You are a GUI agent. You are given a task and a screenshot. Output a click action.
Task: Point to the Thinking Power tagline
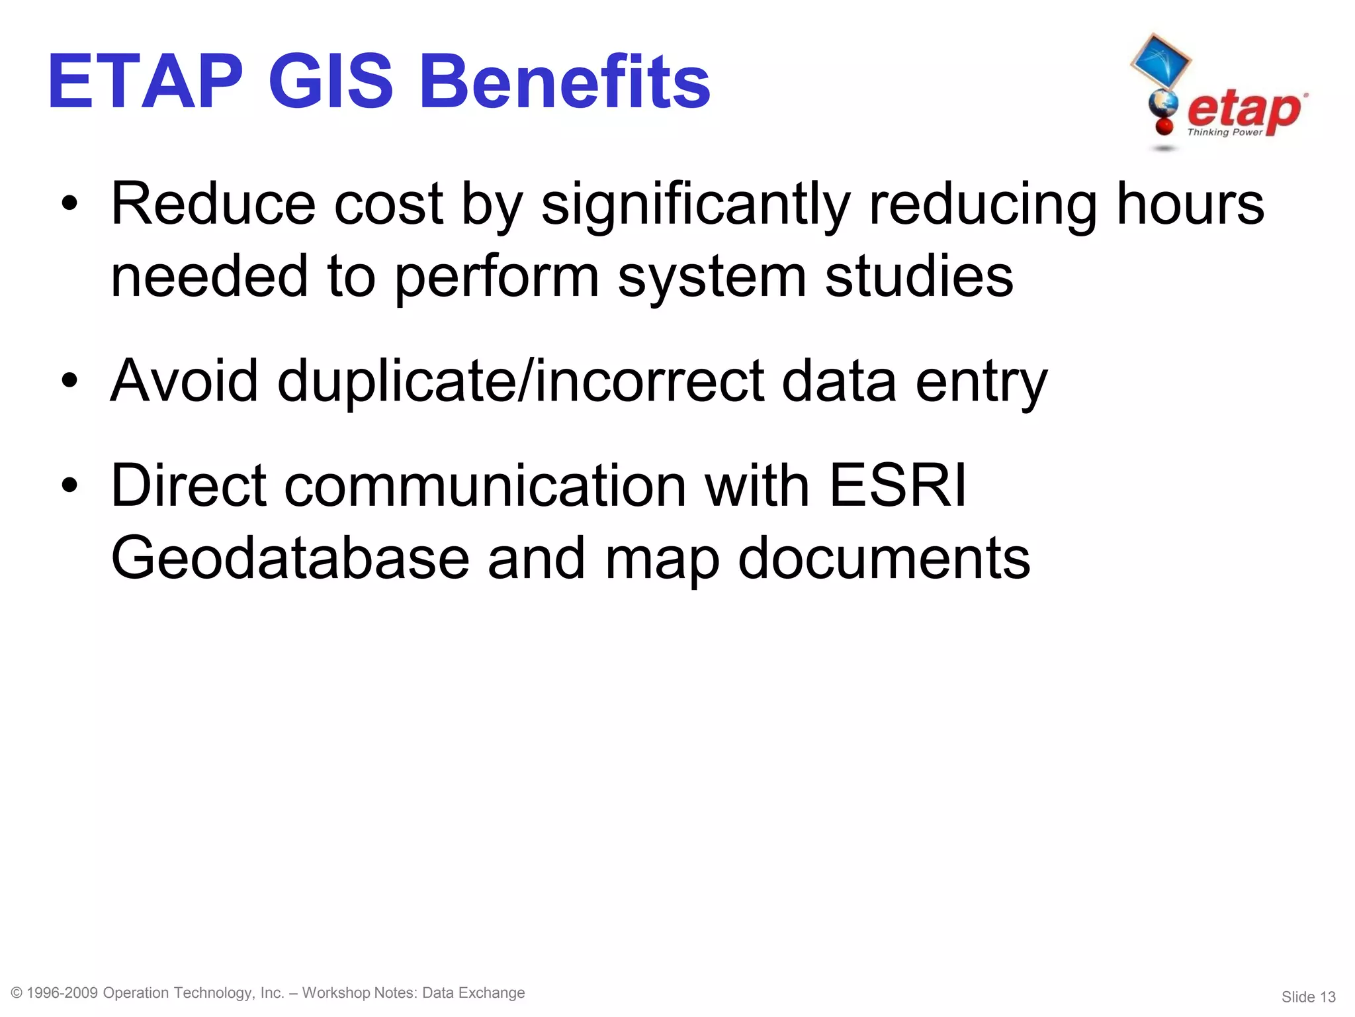(x=1225, y=132)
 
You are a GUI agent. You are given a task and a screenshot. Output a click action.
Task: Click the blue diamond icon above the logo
(x=1160, y=62)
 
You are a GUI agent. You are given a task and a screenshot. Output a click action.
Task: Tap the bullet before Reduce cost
(x=69, y=205)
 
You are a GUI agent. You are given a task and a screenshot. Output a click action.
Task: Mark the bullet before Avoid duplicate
(x=69, y=382)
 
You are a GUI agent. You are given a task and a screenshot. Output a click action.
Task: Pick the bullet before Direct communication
(x=69, y=487)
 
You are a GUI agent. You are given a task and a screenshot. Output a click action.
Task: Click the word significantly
(x=695, y=205)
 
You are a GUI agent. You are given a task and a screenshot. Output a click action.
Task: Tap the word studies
(x=919, y=277)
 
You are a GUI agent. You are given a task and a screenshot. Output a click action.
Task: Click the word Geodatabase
(x=290, y=558)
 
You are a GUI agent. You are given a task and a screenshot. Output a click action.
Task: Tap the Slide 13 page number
(x=1308, y=996)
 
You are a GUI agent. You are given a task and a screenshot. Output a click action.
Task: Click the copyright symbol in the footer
(x=17, y=993)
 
